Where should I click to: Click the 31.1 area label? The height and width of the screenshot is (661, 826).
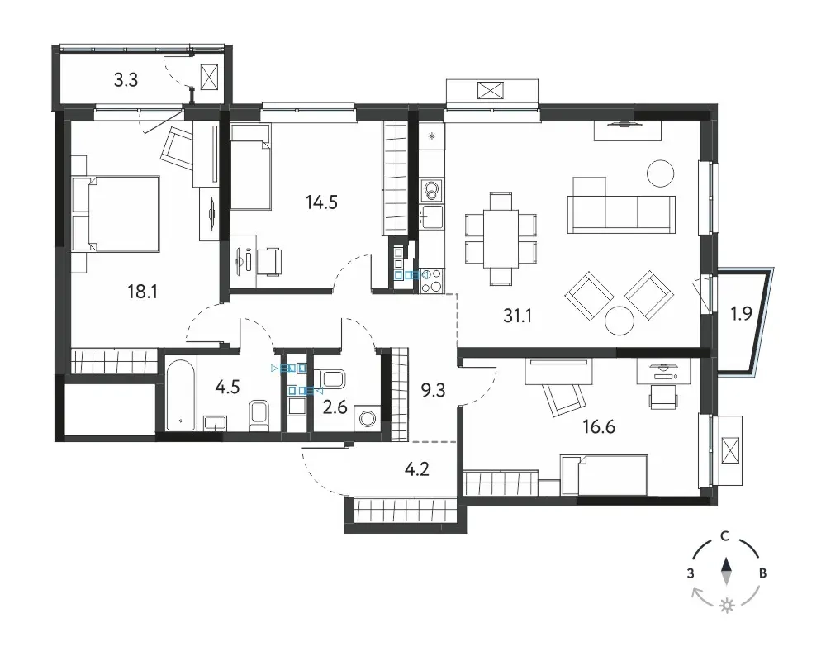[517, 315]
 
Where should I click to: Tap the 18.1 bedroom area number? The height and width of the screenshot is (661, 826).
[143, 291]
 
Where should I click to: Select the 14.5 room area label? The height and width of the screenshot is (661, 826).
[321, 202]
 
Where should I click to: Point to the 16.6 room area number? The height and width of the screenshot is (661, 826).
[599, 426]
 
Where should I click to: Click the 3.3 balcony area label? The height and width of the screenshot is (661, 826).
[126, 79]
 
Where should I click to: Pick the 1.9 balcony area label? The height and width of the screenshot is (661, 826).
[741, 314]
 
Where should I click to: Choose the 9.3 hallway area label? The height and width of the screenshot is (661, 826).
[433, 390]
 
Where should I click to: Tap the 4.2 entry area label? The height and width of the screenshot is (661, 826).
[416, 468]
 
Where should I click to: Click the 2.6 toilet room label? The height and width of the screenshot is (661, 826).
[335, 407]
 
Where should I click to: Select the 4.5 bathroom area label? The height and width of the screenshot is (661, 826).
[228, 387]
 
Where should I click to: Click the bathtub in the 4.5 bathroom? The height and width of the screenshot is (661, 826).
[181, 395]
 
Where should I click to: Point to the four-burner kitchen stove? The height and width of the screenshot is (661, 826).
[432, 280]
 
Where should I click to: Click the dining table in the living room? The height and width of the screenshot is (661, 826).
[501, 239]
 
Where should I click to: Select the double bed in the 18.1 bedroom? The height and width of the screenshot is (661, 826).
[116, 213]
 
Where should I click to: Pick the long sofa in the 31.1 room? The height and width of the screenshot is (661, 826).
[621, 214]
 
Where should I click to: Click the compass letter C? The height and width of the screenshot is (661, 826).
[725, 536]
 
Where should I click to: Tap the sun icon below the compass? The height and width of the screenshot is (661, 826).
[728, 606]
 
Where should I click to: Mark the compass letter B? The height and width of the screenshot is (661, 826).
[762, 573]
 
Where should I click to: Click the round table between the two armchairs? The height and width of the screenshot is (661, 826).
[619, 321]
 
